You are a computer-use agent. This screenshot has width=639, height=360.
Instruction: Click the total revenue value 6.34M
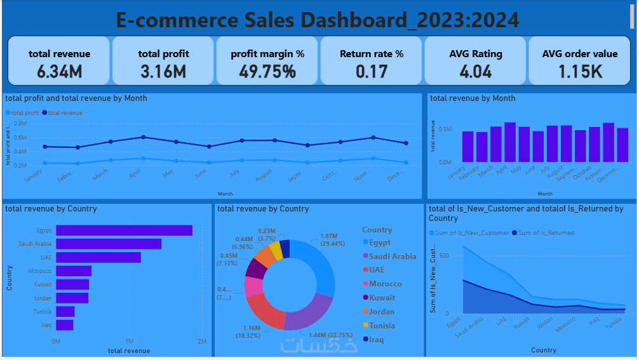[x=59, y=71]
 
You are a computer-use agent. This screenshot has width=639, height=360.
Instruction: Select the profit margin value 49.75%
[x=267, y=71]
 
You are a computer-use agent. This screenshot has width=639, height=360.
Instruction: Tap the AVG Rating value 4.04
[x=475, y=71]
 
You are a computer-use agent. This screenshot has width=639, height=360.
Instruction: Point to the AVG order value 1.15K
[x=579, y=71]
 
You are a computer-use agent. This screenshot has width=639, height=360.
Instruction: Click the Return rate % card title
[x=372, y=54]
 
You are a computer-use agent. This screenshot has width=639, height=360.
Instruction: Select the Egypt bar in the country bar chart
[x=124, y=230]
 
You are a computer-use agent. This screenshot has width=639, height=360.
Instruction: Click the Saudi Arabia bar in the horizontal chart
[x=109, y=244]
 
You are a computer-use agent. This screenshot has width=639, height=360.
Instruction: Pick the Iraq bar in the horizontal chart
[x=65, y=325]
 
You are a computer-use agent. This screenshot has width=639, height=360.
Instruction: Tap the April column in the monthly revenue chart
[x=510, y=142]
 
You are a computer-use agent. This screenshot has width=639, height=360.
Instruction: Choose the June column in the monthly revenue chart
[x=538, y=147]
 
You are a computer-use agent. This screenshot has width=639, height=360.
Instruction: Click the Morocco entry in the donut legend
[x=385, y=284]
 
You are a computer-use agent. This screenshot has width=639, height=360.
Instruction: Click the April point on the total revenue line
[x=144, y=137]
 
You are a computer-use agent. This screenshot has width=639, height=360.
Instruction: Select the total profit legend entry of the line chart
[x=23, y=113]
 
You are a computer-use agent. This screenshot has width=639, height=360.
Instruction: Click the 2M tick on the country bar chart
[x=202, y=342]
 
